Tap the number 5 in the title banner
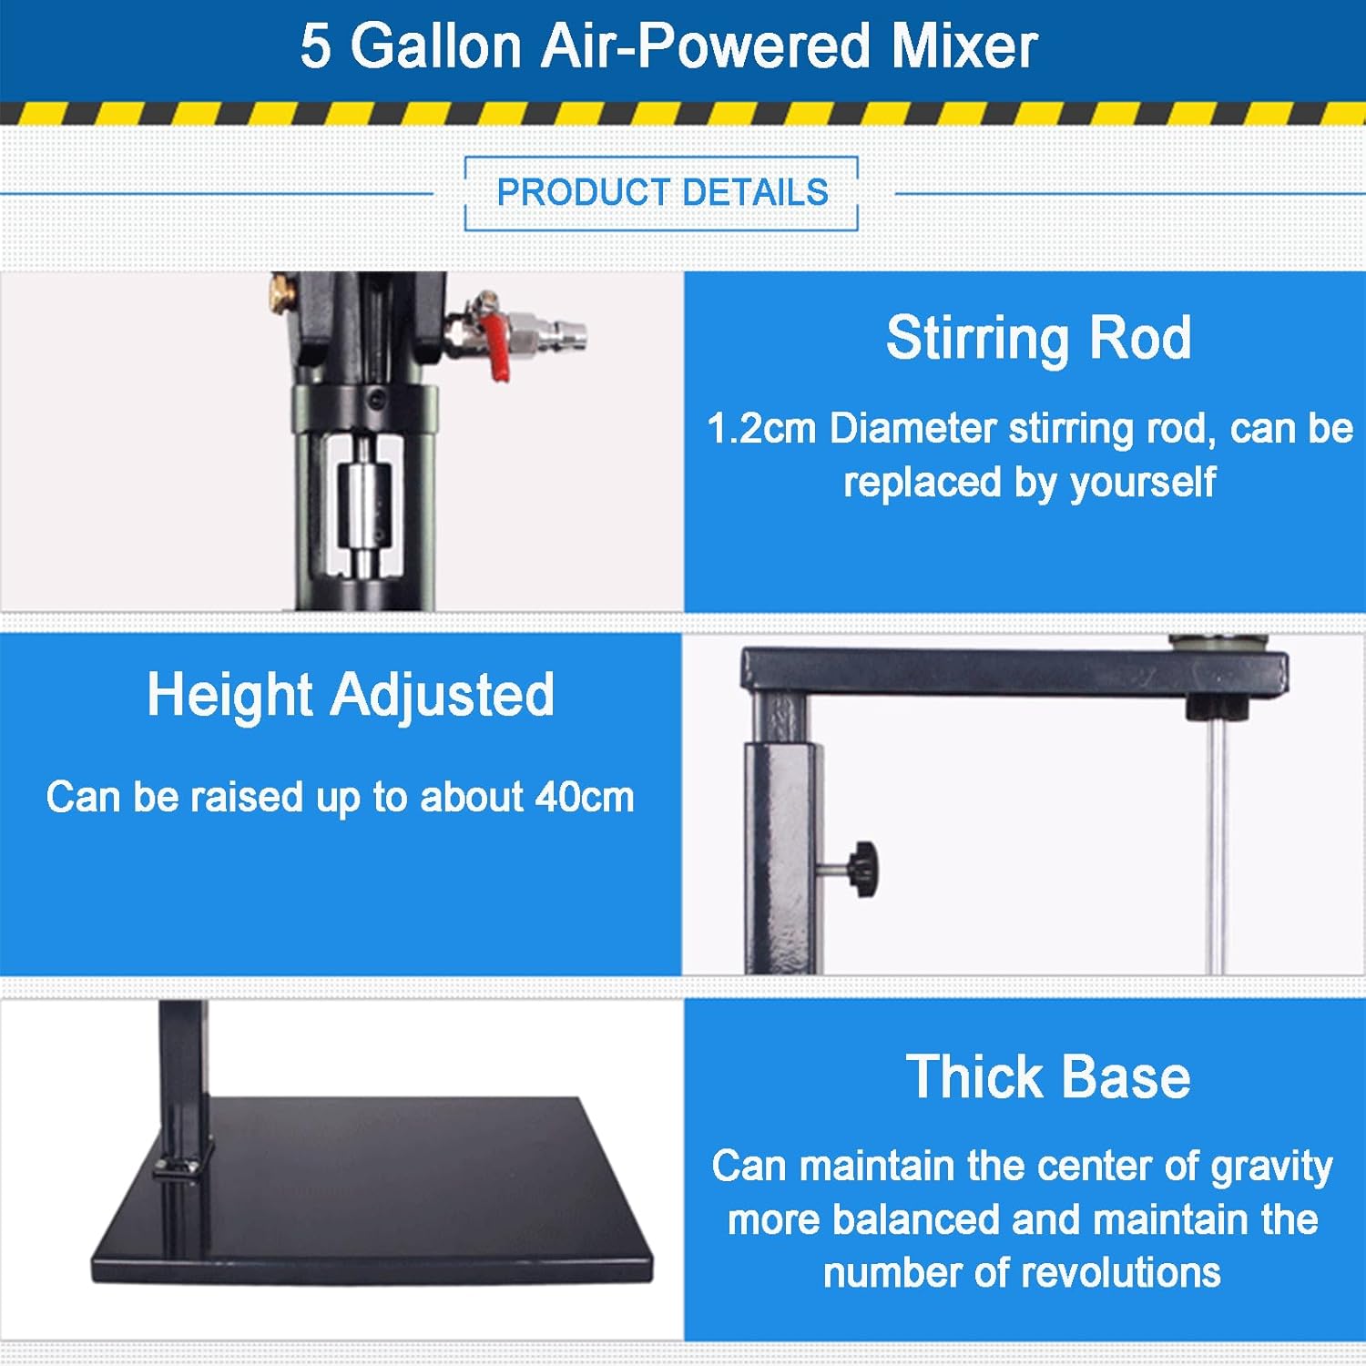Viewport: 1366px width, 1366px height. pyautogui.click(x=315, y=47)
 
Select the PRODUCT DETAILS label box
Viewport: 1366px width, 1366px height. pyautogui.click(x=661, y=193)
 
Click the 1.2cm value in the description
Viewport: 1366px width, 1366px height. pyautogui.click(x=760, y=429)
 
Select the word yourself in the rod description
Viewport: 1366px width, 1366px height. pyautogui.click(x=1143, y=483)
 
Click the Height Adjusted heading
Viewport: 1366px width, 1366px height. pyautogui.click(x=351, y=695)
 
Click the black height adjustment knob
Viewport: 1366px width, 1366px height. pyautogui.click(x=862, y=870)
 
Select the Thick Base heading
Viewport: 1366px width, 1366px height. pyautogui.click(x=1047, y=1077)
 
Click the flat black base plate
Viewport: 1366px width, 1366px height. pyautogui.click(x=382, y=1193)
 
